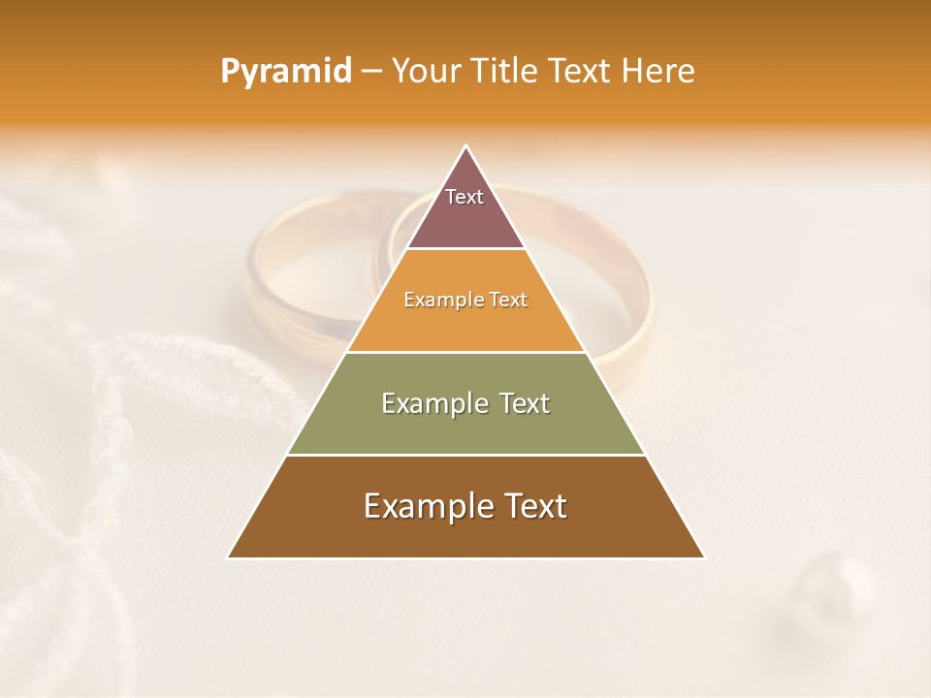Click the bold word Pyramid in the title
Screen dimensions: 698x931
(x=286, y=71)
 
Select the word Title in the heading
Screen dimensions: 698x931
(x=506, y=71)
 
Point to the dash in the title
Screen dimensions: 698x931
(x=371, y=72)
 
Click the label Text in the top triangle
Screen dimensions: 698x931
(x=465, y=197)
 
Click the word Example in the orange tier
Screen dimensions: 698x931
(x=438, y=300)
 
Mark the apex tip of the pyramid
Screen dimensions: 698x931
(x=466, y=146)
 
